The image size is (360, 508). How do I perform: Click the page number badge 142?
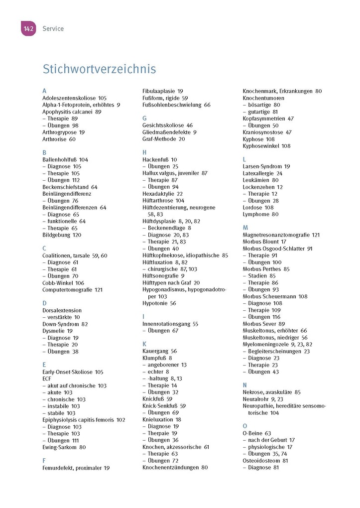point(28,29)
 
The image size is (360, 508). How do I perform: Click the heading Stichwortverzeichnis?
point(99,69)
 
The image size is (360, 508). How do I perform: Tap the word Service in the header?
point(53,29)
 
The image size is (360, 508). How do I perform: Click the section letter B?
point(44,153)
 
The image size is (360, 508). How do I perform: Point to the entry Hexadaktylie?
point(159,194)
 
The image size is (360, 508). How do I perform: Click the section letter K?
point(144,344)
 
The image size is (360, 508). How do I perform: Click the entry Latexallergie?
point(258,173)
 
